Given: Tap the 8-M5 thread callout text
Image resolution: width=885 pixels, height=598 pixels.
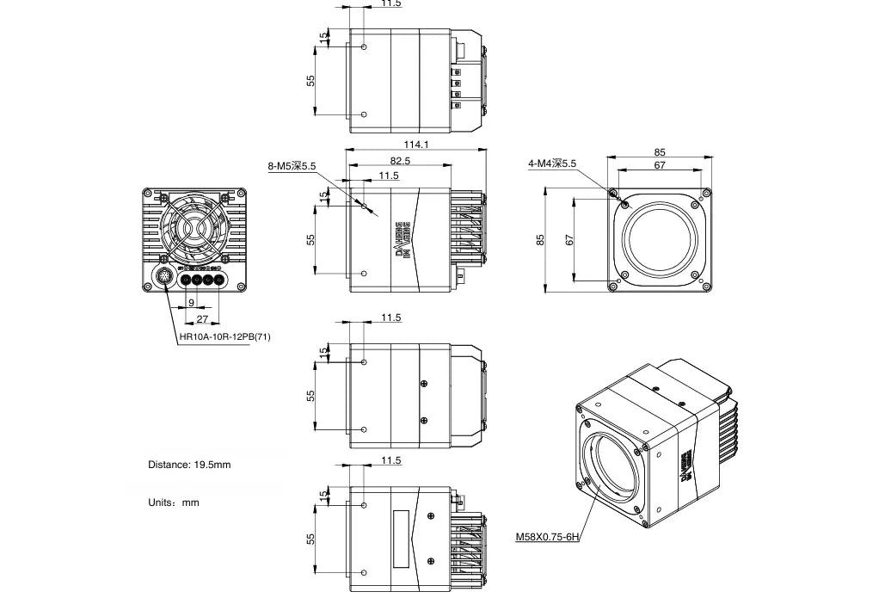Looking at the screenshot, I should [x=292, y=166].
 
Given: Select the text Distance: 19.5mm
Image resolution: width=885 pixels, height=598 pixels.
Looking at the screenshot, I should [x=189, y=465].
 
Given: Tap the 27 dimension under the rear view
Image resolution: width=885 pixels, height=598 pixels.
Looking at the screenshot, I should [x=202, y=318].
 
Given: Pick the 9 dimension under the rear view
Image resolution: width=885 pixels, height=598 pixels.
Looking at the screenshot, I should [x=191, y=303].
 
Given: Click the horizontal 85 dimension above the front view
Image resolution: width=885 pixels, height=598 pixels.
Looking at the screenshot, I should [x=660, y=152].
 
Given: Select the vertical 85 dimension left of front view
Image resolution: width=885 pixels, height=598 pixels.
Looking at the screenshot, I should [x=541, y=239].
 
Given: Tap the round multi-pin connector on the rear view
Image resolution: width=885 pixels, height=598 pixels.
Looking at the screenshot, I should [x=165, y=278].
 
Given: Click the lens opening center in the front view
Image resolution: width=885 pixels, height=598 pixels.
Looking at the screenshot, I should [x=660, y=240].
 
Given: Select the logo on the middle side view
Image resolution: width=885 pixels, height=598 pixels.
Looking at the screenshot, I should [x=402, y=239].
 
